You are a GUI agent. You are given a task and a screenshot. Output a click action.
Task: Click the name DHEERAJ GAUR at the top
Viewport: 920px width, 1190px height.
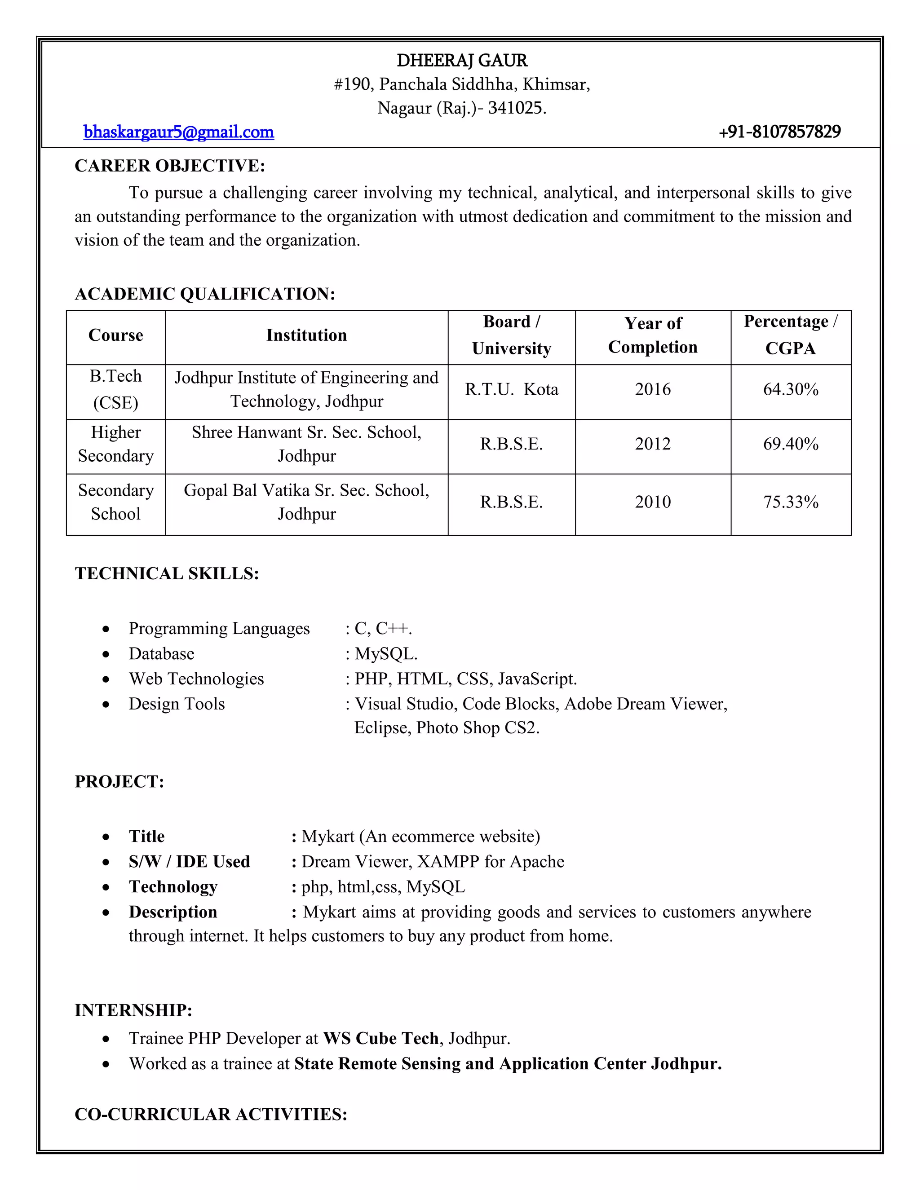[x=462, y=61]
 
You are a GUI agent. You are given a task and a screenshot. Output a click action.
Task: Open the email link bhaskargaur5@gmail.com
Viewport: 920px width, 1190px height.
[x=178, y=132]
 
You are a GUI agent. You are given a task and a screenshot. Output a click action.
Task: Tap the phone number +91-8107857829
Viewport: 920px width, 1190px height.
[x=779, y=132]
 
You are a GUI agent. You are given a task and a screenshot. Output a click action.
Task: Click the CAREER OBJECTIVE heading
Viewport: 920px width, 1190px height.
[x=169, y=166]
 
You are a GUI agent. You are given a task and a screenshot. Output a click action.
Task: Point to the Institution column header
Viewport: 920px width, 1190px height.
[x=306, y=335]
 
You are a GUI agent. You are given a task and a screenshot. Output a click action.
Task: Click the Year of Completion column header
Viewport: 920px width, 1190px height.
[x=652, y=335]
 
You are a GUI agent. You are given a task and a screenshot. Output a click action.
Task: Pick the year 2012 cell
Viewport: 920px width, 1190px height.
[x=652, y=444]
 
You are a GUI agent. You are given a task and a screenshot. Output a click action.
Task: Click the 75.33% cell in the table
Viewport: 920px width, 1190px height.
[x=790, y=502]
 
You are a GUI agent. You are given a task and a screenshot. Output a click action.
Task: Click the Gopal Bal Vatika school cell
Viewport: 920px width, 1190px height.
[x=306, y=502]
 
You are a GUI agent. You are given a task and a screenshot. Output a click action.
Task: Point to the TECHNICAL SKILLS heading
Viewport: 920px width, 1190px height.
[x=167, y=574]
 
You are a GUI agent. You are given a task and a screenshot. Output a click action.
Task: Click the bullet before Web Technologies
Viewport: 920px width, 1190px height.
[x=106, y=679]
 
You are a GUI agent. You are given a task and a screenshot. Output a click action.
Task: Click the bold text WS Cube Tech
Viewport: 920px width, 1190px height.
[x=380, y=1039]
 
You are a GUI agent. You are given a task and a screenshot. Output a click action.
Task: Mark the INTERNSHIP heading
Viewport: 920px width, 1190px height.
[x=133, y=1010]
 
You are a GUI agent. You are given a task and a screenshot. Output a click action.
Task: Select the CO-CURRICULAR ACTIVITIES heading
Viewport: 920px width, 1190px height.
[x=211, y=1114]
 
